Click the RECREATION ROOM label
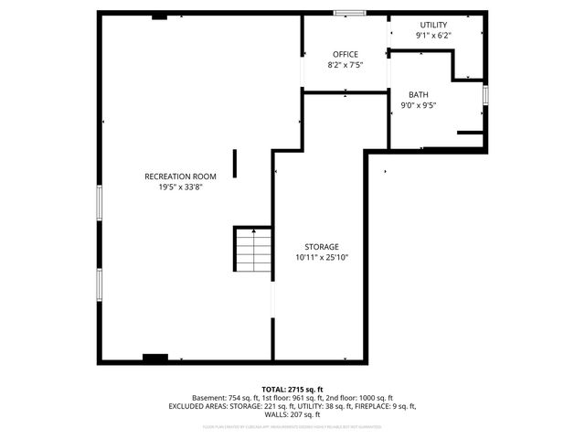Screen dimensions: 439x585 (x=180, y=176)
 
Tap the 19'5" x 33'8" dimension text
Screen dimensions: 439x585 (x=180, y=187)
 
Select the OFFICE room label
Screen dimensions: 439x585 (x=345, y=54)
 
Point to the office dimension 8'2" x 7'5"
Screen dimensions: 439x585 (x=345, y=65)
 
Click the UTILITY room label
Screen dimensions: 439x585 (x=433, y=25)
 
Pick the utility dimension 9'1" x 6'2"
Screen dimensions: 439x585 (x=433, y=36)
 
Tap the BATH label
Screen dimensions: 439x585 (x=419, y=94)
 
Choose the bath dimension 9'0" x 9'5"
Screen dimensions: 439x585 (x=419, y=105)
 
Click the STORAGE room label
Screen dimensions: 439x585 (x=322, y=247)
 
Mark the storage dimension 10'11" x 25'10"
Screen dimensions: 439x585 (x=322, y=258)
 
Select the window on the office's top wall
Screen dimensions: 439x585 (x=346, y=13)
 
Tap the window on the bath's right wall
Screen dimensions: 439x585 (x=485, y=94)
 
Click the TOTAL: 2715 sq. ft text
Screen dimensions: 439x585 (x=292, y=390)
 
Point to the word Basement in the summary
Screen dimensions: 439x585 (x=209, y=398)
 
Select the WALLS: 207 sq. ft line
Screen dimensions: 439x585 (x=292, y=414)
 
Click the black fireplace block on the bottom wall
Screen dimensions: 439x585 (x=155, y=358)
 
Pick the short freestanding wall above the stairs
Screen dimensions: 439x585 (x=235, y=164)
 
